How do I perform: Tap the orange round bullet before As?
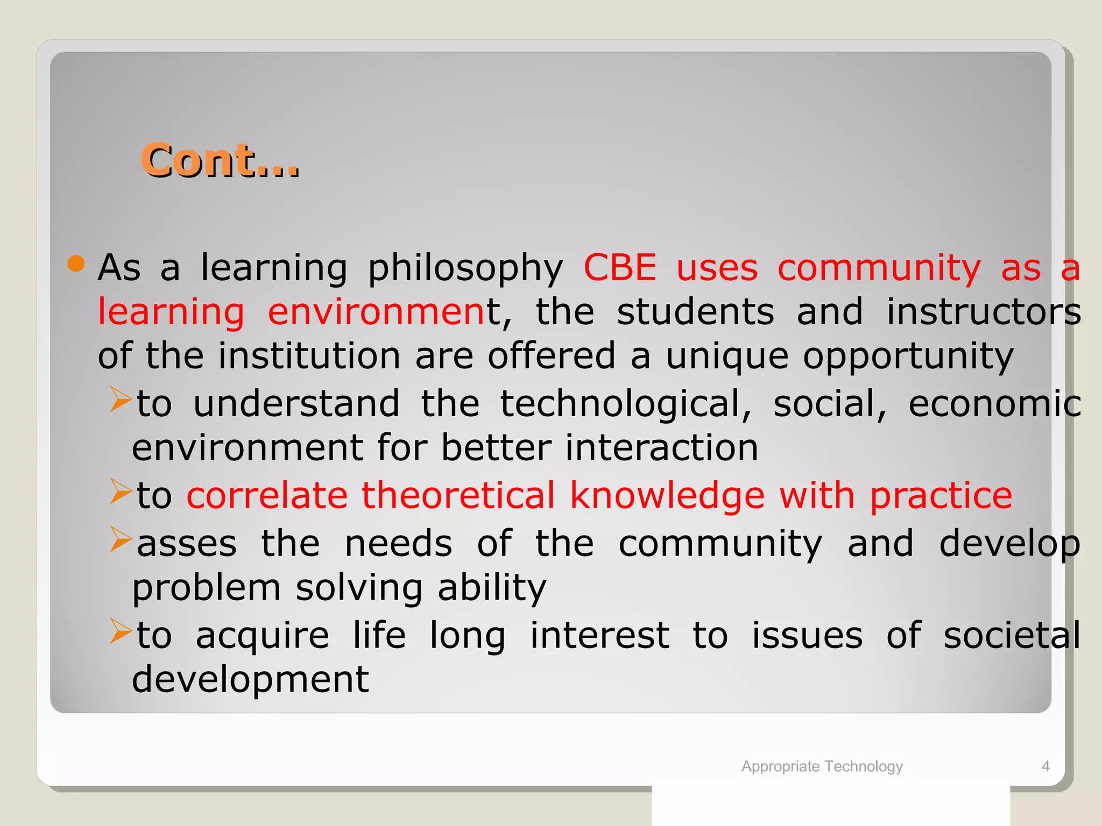click(x=76, y=264)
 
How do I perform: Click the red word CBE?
click(x=620, y=267)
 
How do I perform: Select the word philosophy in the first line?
click(x=465, y=269)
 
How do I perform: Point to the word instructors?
click(x=983, y=312)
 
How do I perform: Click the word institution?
click(x=309, y=356)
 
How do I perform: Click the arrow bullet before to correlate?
click(x=121, y=491)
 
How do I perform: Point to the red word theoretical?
click(x=457, y=495)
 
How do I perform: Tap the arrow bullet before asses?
click(x=121, y=539)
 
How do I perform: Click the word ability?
click(x=492, y=588)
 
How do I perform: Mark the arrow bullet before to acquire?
click(x=121, y=631)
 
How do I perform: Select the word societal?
click(x=1012, y=636)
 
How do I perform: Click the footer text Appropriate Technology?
click(x=822, y=766)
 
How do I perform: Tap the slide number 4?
click(x=1046, y=766)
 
